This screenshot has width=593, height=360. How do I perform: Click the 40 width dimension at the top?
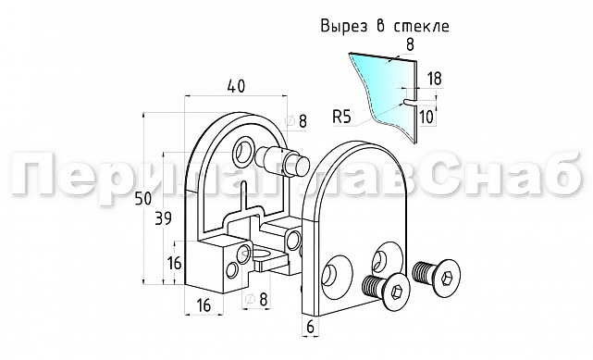point(234,86)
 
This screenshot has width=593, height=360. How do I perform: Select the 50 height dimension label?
point(142,198)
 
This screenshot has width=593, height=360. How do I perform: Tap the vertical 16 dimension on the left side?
point(174,263)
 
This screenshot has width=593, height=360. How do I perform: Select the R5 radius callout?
point(342,118)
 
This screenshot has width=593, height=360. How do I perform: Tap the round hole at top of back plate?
point(246,148)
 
